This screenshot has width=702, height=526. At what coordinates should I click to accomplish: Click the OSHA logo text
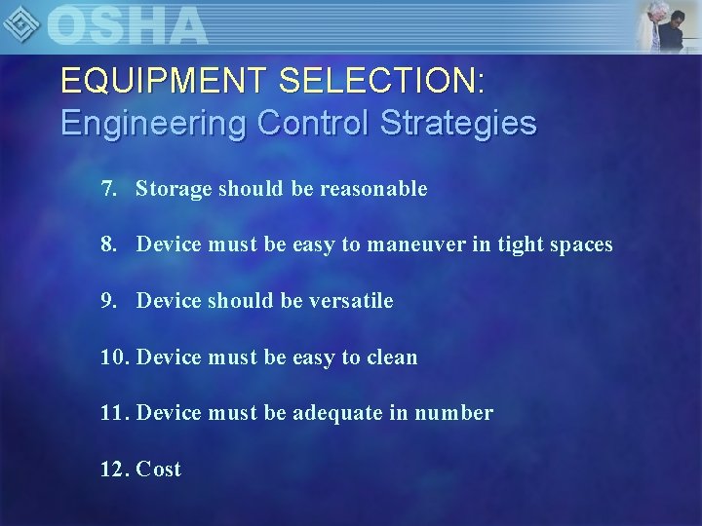pos(127,24)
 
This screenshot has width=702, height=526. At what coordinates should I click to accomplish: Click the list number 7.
pos(108,188)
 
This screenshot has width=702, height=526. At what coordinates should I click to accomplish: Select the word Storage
pos(174,188)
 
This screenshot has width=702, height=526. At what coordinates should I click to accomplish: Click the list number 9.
pos(108,301)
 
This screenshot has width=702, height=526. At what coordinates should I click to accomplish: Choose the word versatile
pos(351,301)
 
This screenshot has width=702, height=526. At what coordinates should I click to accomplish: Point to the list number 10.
pos(114,357)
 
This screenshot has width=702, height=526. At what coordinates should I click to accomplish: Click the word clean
pos(392,357)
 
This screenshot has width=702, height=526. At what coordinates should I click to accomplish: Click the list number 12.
pos(114,470)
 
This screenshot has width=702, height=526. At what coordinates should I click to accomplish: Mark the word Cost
pos(159,470)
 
